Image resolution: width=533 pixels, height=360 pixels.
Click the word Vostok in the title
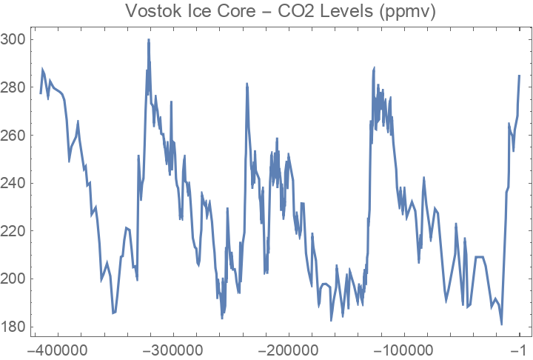tap(151, 12)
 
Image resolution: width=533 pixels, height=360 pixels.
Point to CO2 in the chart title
tap(278, 12)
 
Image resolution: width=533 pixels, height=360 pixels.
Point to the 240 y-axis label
tap(13, 183)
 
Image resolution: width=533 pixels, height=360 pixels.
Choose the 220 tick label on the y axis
tap(13, 230)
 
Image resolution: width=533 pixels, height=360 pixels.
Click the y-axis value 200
tap(13, 279)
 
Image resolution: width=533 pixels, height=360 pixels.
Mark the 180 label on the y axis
tap(13, 327)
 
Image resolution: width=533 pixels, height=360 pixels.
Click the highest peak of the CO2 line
tap(149, 39)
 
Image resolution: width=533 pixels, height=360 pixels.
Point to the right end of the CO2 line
tap(520, 75)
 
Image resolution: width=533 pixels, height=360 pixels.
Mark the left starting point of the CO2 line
tap(41, 93)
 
